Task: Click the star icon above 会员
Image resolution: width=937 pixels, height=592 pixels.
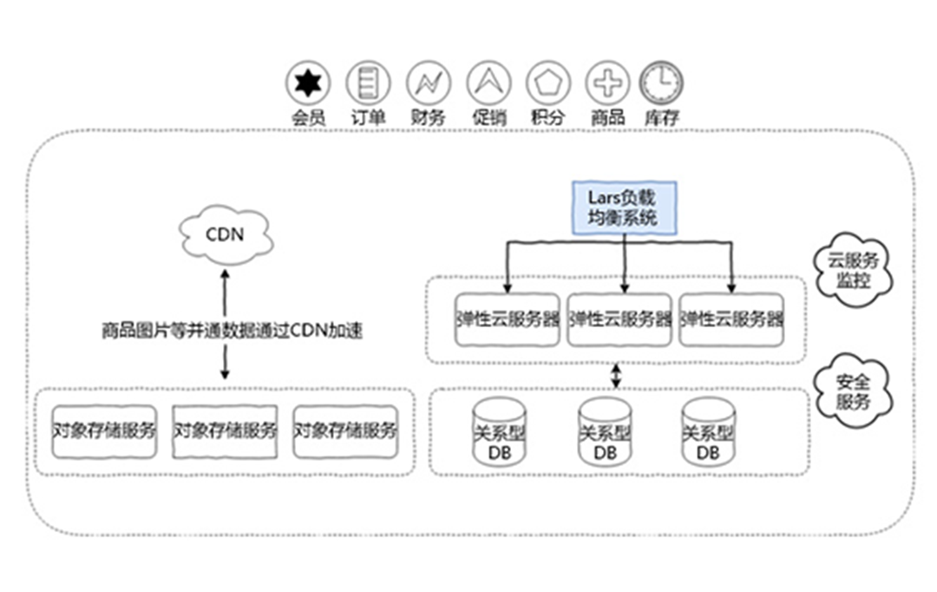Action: tap(308, 82)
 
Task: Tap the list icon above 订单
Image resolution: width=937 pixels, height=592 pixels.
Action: tap(368, 82)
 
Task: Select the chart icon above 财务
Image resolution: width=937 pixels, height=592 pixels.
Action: tap(429, 82)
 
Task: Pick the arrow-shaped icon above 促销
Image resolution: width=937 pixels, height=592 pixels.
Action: tap(488, 82)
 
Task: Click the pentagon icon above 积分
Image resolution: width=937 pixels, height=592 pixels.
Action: tap(548, 82)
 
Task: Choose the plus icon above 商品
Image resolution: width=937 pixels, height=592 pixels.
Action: tap(607, 82)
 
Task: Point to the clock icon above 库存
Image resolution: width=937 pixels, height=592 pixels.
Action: tap(661, 82)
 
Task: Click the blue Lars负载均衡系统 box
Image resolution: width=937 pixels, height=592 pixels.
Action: tap(625, 207)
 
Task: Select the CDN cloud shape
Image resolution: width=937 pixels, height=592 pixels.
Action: tap(226, 234)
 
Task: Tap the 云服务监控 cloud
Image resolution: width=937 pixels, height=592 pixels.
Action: tap(853, 270)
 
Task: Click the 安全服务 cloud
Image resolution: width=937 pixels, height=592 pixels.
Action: tap(853, 391)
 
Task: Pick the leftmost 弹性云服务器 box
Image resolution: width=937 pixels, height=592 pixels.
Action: tap(508, 319)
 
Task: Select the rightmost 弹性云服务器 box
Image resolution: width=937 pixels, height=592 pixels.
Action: tap(731, 319)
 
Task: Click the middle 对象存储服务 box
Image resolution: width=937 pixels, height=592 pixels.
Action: tap(225, 431)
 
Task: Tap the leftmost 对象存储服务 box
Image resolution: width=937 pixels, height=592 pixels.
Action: tap(105, 431)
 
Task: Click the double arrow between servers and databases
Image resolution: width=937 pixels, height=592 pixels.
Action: tap(616, 376)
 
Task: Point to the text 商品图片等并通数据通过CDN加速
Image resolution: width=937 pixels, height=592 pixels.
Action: tap(232, 331)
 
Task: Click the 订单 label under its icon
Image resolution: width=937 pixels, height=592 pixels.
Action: tap(368, 117)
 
